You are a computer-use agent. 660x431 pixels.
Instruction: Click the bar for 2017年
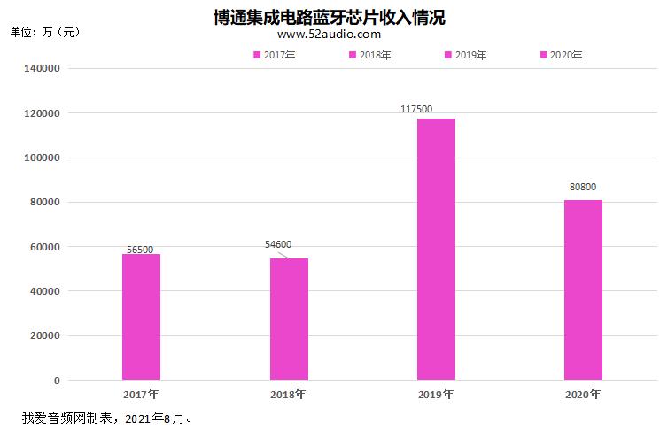[x=141, y=317]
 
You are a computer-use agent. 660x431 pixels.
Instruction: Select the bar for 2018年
[x=289, y=319]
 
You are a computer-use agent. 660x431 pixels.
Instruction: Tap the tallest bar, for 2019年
[x=436, y=250]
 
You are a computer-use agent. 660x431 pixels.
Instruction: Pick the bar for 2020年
[x=583, y=290]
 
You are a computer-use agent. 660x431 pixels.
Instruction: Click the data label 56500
[x=141, y=250]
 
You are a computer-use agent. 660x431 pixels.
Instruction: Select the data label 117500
[x=416, y=109]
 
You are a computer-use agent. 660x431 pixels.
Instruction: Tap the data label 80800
[x=583, y=188]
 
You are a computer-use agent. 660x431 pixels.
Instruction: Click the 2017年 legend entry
[x=275, y=55]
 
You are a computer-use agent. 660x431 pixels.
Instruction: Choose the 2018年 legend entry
[x=370, y=55]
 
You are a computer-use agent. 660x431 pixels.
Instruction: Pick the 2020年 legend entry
[x=562, y=55]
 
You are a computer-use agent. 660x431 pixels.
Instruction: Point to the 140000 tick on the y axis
[x=41, y=68]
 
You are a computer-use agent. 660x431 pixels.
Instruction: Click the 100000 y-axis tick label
[x=41, y=158]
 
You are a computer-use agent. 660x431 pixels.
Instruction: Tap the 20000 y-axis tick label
[x=44, y=335]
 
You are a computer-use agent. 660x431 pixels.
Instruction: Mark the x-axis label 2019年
[x=436, y=394]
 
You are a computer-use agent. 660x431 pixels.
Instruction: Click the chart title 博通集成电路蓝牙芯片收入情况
[x=330, y=16]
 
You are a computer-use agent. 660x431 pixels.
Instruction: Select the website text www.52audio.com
[x=330, y=35]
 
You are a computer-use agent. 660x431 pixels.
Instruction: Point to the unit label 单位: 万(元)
[x=45, y=32]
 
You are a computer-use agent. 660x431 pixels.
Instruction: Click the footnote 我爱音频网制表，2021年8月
[x=106, y=416]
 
